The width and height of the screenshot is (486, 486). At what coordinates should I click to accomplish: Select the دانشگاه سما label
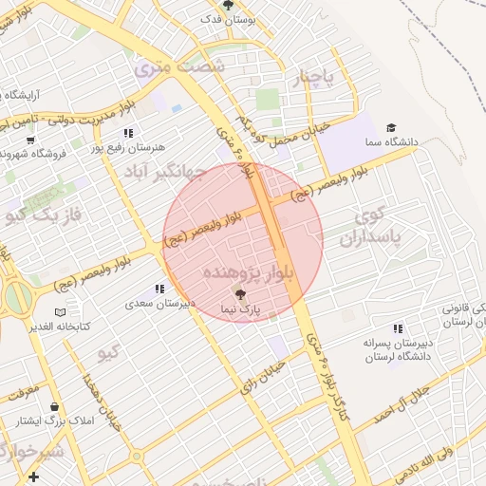click(390, 142)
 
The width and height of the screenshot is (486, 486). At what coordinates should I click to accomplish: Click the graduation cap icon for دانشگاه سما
click(390, 128)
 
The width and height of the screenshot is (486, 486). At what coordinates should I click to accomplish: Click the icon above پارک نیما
click(239, 295)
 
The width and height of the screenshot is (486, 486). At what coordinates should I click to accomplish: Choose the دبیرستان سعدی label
click(159, 305)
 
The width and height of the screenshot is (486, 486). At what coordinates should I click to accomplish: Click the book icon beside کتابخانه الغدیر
click(61, 312)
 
